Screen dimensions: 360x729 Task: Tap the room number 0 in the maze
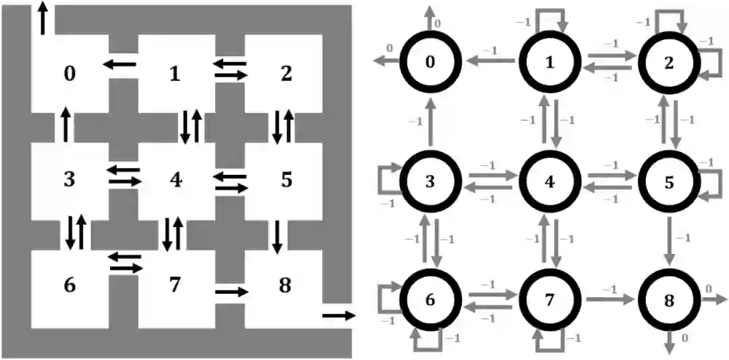(70, 74)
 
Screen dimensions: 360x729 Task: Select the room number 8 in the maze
(285, 286)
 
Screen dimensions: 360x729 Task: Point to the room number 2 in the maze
(286, 74)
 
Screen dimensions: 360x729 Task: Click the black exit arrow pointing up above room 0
(44, 18)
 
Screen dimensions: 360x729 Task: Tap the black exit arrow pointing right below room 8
(337, 315)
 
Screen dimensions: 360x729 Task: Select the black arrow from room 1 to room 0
(119, 65)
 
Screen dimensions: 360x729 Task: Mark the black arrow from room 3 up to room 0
(65, 125)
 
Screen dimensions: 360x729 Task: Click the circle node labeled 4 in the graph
(549, 181)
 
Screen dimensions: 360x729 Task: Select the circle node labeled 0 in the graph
(430, 62)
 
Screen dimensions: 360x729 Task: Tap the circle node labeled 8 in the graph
(668, 299)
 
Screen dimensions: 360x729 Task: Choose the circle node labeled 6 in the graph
(430, 299)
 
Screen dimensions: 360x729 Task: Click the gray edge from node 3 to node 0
(431, 122)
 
